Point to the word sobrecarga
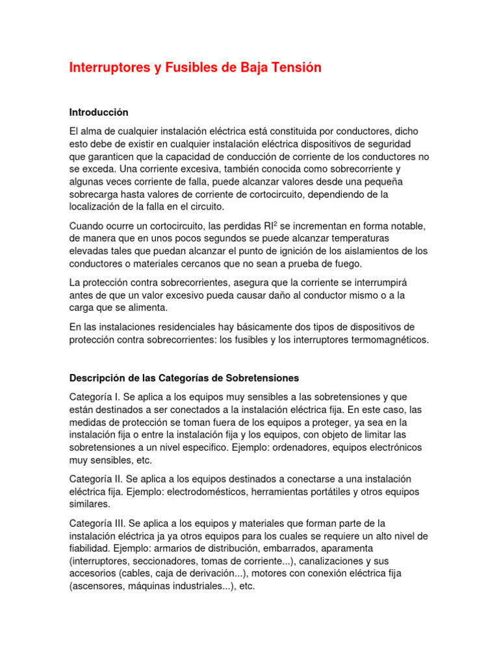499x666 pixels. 94,194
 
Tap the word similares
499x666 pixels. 90,503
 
